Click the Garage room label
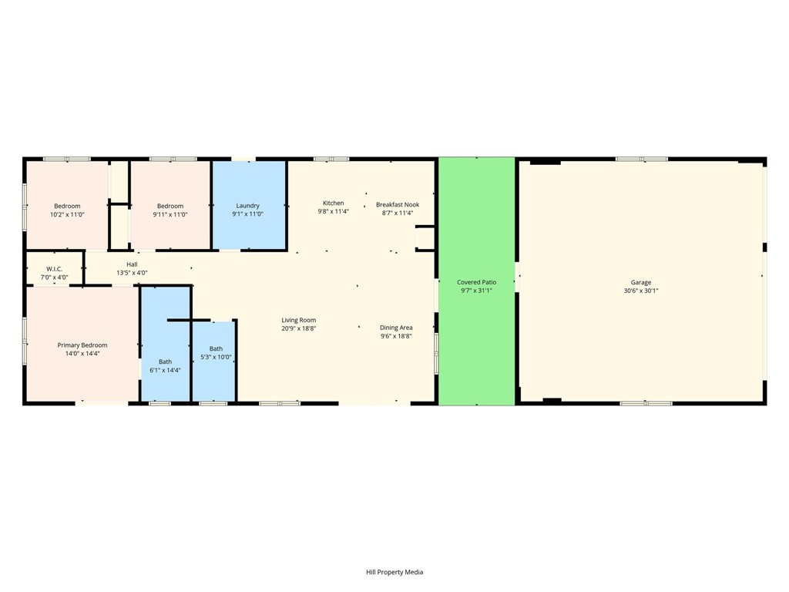[640, 282]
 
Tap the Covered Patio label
[476, 282]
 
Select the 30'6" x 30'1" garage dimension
[640, 291]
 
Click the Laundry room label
[247, 206]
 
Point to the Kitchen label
[333, 203]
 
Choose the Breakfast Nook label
[398, 204]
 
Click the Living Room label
[298, 320]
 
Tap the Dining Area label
[396, 328]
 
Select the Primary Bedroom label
[82, 345]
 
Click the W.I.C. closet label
[54, 269]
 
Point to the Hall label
[132, 264]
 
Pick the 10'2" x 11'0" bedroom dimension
[67, 214]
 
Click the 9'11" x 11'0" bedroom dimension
[170, 214]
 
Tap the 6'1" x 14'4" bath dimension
[165, 370]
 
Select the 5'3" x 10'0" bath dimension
[216, 357]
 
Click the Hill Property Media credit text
[394, 572]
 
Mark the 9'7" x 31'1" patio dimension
[476, 291]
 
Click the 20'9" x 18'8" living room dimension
[298, 328]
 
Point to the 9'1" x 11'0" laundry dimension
[247, 214]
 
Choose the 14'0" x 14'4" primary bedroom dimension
[82, 354]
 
